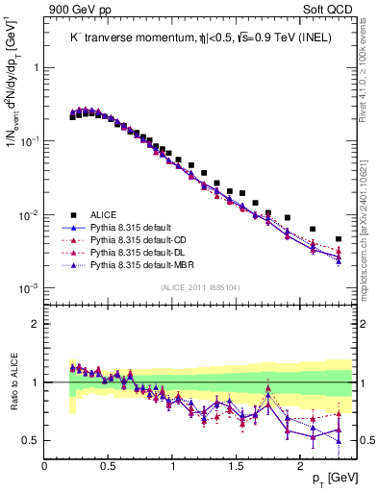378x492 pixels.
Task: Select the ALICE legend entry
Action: click(104, 215)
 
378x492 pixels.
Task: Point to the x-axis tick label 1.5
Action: click(237, 467)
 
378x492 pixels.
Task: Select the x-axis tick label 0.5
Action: click(109, 467)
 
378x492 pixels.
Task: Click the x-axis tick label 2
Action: click(301, 467)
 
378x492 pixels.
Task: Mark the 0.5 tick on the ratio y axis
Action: click(34, 440)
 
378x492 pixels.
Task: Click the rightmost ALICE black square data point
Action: click(339, 239)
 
